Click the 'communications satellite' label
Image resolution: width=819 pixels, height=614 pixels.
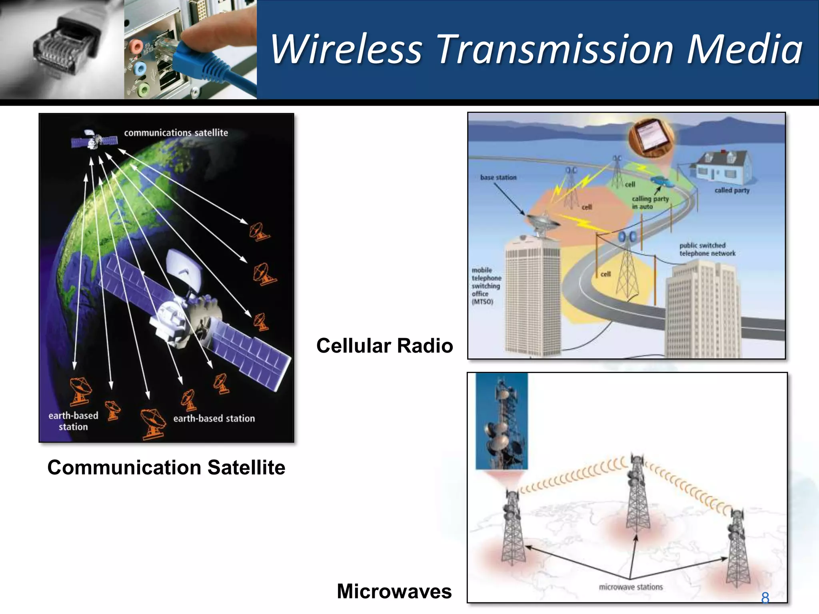(176, 133)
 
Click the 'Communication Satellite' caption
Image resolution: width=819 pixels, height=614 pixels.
(166, 467)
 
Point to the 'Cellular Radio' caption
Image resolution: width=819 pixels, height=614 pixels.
(384, 346)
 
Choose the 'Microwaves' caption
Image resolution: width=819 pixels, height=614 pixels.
(394, 591)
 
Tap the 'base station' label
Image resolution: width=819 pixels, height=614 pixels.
(498, 177)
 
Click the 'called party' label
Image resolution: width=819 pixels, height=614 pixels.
(732, 190)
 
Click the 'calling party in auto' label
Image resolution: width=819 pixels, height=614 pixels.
(650, 202)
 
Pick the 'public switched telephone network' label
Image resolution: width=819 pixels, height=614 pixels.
(707, 249)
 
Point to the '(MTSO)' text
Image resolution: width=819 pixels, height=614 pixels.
(482, 302)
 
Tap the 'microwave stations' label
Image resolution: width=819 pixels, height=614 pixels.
(631, 587)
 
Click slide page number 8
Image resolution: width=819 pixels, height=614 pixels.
(765, 598)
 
